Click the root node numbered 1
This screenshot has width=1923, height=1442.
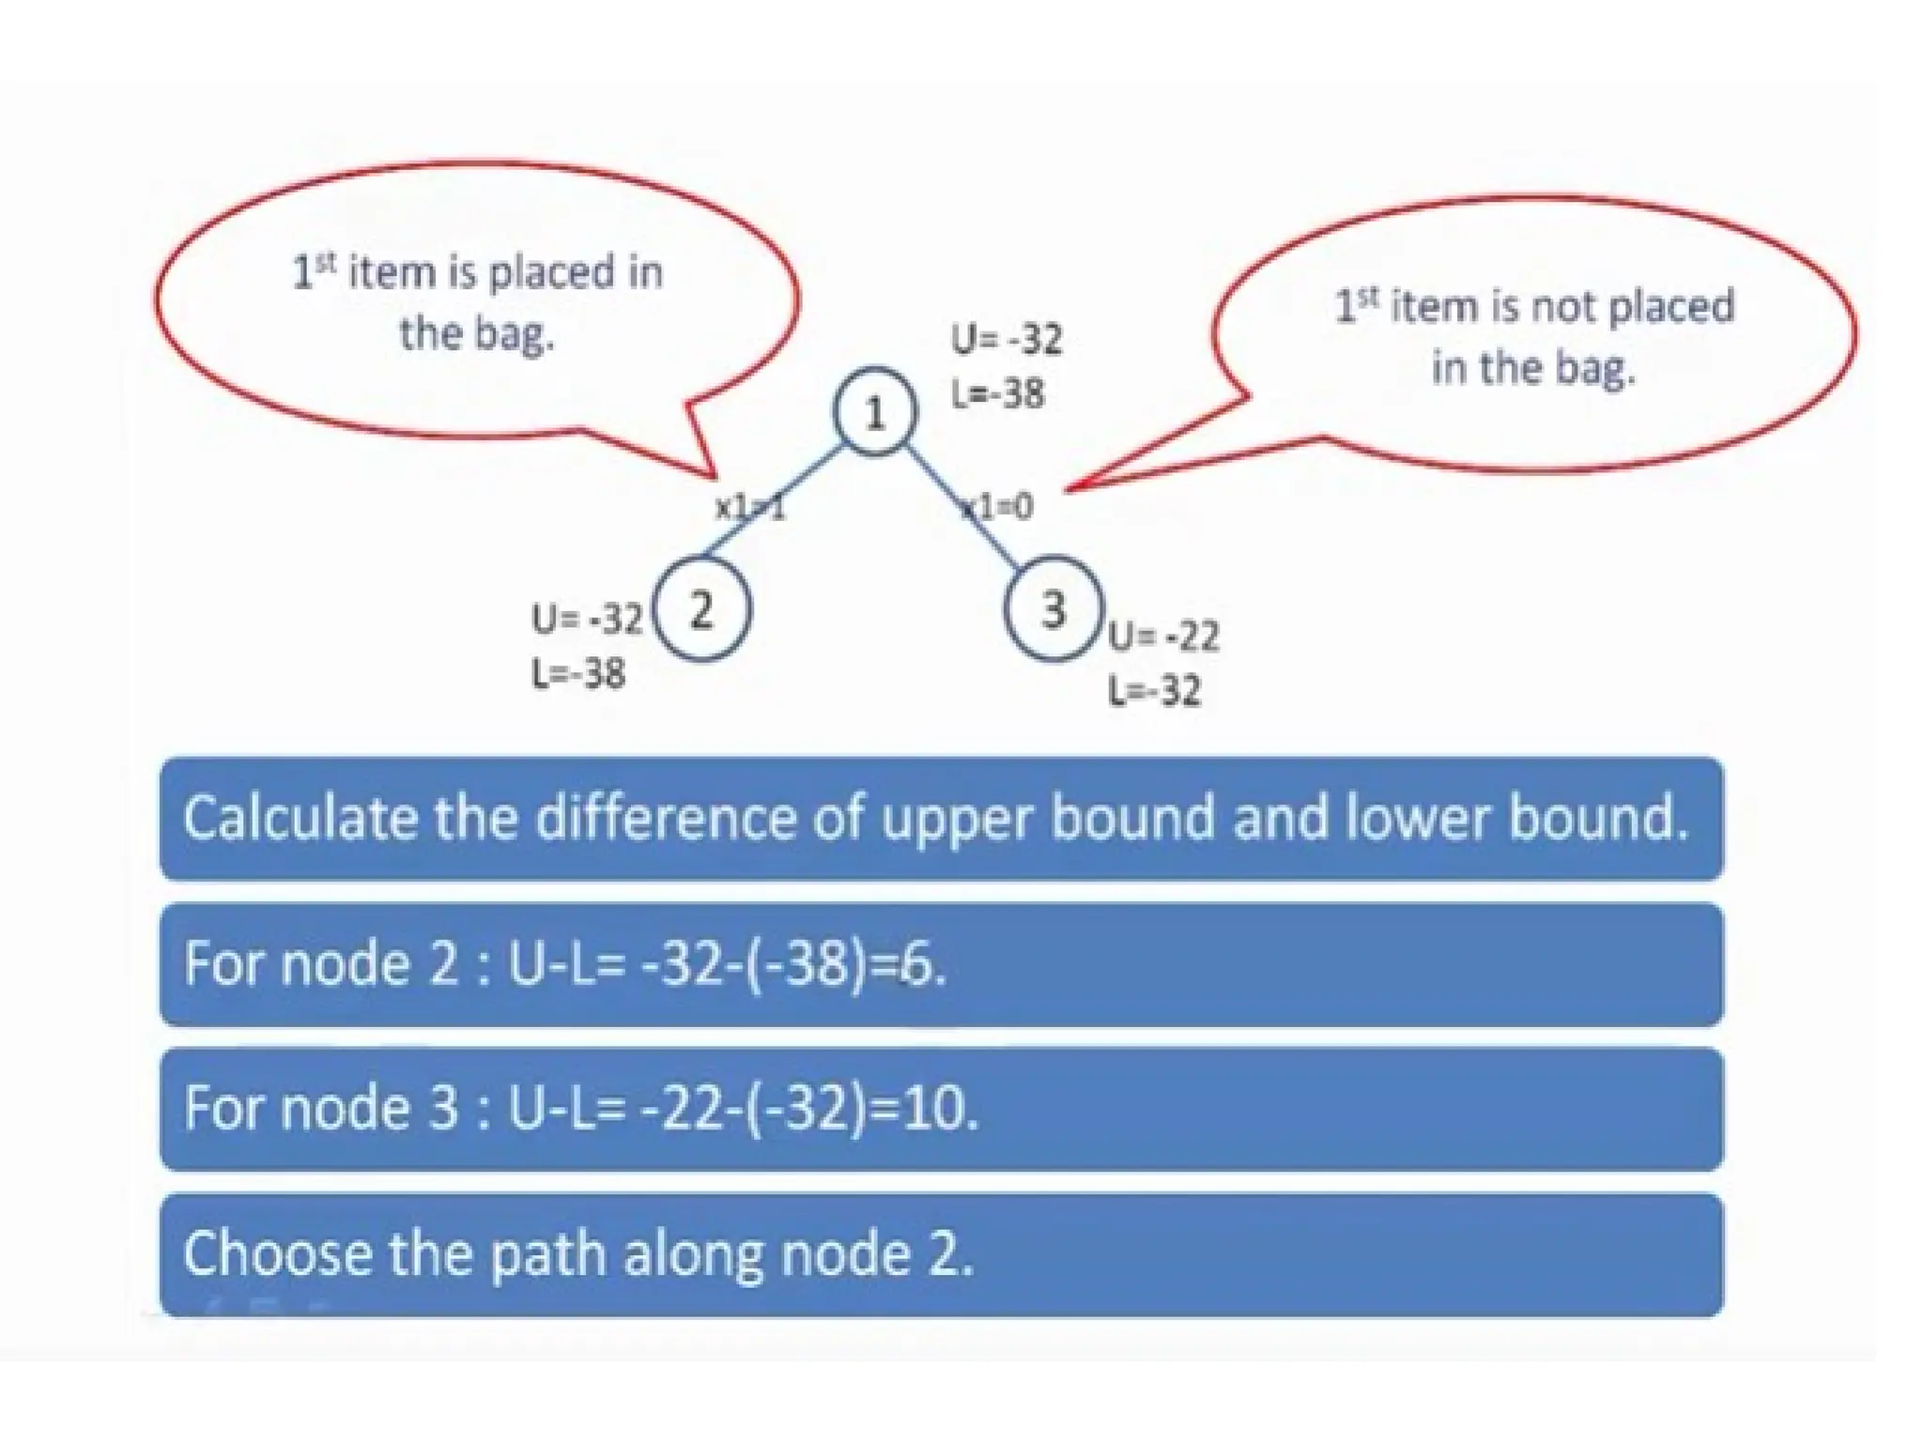pos(874,413)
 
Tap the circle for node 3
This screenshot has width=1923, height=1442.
pos(1054,608)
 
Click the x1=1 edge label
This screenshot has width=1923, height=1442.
pos(749,508)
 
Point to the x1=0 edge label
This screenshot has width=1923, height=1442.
pos(999,507)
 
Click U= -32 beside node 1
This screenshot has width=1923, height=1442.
pos(1007,339)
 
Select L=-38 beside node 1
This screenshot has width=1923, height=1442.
pos(997,393)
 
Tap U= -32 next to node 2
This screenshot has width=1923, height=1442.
pos(587,619)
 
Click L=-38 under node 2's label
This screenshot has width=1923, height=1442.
pos(578,673)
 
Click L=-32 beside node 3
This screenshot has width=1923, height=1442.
pos(1155,691)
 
